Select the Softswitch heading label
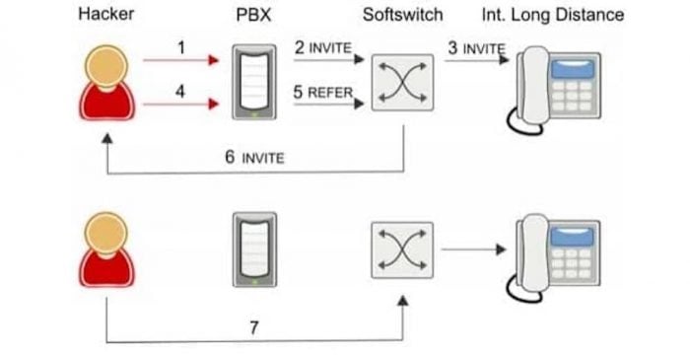pyautogui.click(x=402, y=15)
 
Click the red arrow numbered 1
pyautogui.click(x=180, y=60)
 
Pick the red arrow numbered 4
pyautogui.click(x=180, y=102)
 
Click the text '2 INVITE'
pyautogui.click(x=323, y=48)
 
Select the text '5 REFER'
pyautogui.click(x=323, y=91)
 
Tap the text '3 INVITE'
pyautogui.click(x=476, y=48)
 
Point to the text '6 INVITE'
pyautogui.click(x=254, y=157)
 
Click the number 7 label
pyautogui.click(x=254, y=327)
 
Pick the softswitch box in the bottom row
pyautogui.click(x=403, y=250)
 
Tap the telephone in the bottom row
pyautogui.click(x=558, y=258)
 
